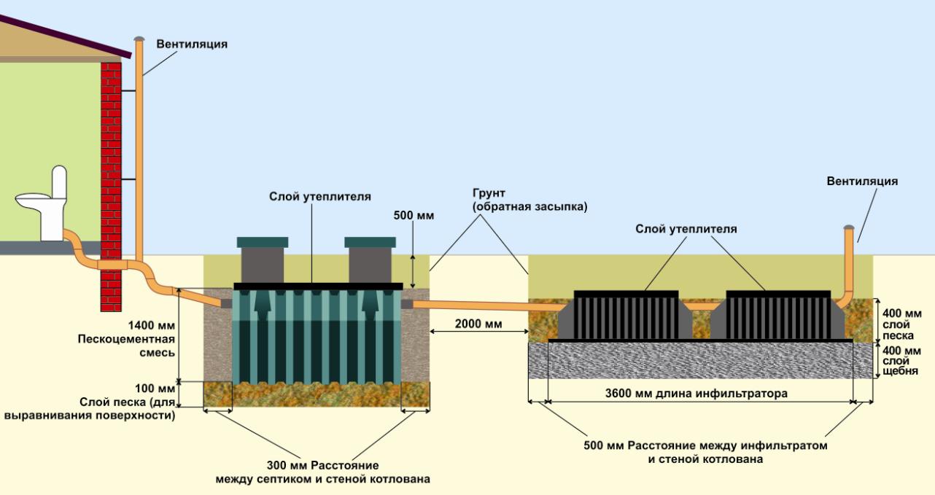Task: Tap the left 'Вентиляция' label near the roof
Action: tap(192, 44)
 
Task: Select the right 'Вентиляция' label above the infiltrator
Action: tap(862, 181)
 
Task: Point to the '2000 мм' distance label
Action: tap(478, 323)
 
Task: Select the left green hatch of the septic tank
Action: tap(263, 243)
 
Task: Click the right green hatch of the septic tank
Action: tap(370, 243)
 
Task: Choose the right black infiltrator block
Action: tap(777, 314)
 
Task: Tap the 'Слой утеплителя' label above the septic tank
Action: tap(320, 197)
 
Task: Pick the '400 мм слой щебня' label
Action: tap(898, 360)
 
